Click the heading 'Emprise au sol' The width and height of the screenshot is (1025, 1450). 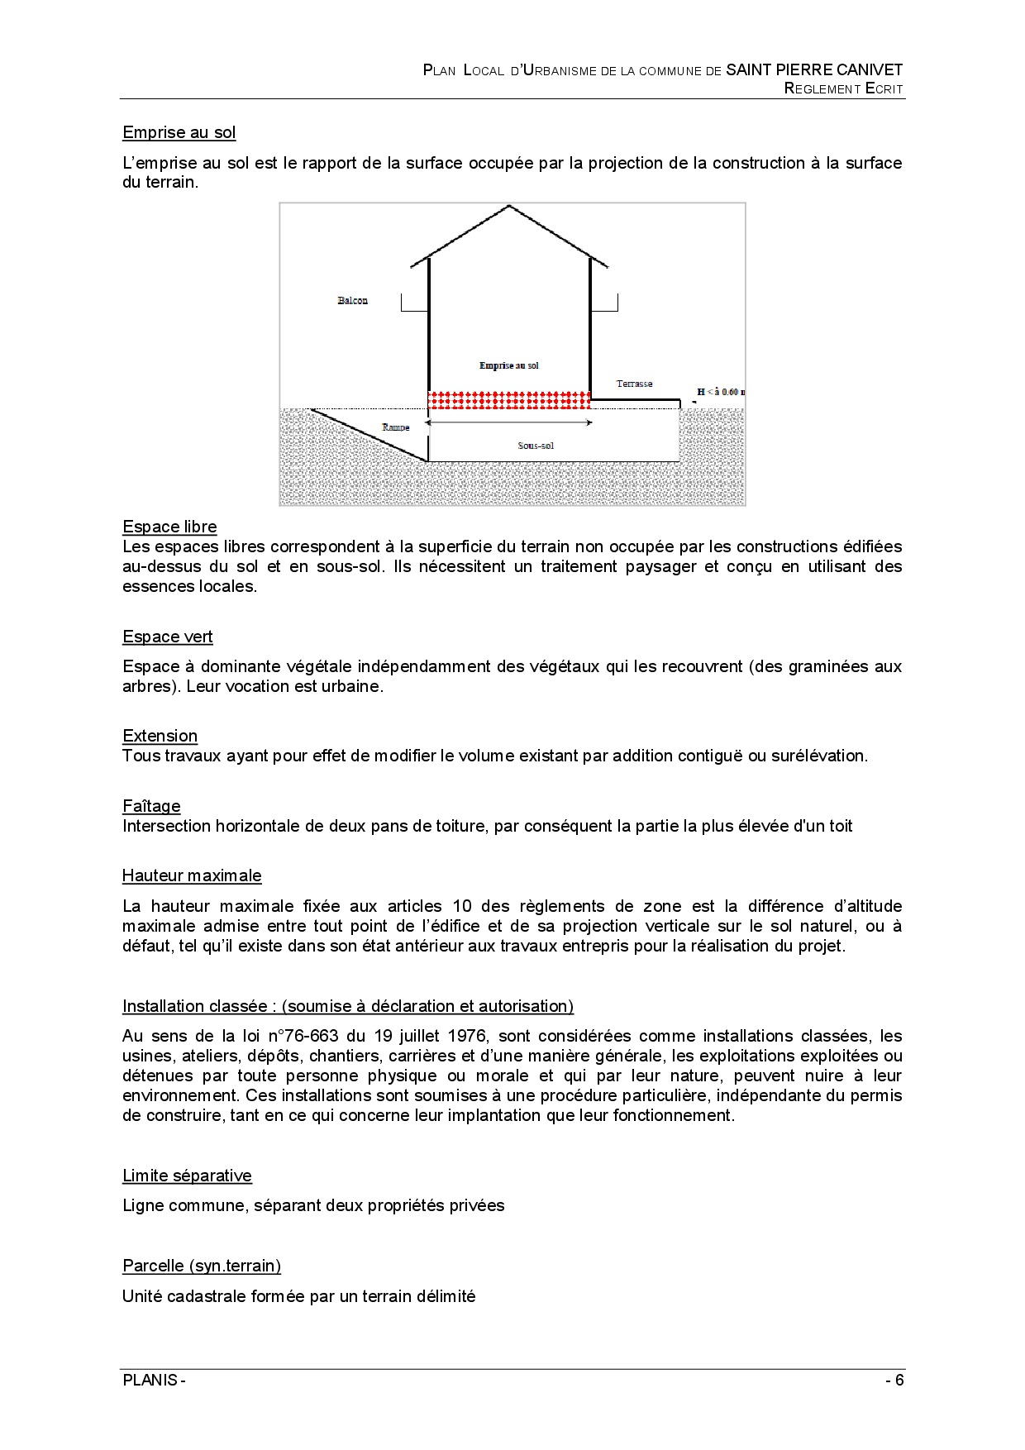click(179, 132)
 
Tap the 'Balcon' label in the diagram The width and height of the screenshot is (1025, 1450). click(352, 301)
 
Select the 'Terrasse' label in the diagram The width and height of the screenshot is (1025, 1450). click(634, 384)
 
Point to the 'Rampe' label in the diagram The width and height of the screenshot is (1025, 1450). click(396, 427)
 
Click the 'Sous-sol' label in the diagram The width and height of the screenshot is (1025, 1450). click(536, 446)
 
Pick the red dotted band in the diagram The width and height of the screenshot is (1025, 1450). click(509, 400)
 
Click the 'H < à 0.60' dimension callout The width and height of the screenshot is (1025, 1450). click(720, 392)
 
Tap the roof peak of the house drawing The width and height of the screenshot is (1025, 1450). click(509, 207)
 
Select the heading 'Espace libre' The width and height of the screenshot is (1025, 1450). click(169, 527)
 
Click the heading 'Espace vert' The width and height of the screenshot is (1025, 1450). click(167, 637)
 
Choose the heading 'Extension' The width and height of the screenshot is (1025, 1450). click(160, 736)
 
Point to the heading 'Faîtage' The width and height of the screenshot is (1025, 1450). click(151, 806)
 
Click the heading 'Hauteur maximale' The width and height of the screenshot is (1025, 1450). click(192, 875)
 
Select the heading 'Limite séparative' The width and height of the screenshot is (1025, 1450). click(187, 1176)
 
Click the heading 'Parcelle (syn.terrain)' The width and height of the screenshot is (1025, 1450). click(202, 1266)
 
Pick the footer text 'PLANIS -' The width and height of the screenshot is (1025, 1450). click(154, 1380)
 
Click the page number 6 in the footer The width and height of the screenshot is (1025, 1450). click(899, 1380)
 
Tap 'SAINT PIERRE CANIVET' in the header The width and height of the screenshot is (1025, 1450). click(814, 70)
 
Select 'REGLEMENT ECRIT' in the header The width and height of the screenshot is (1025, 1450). click(843, 88)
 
